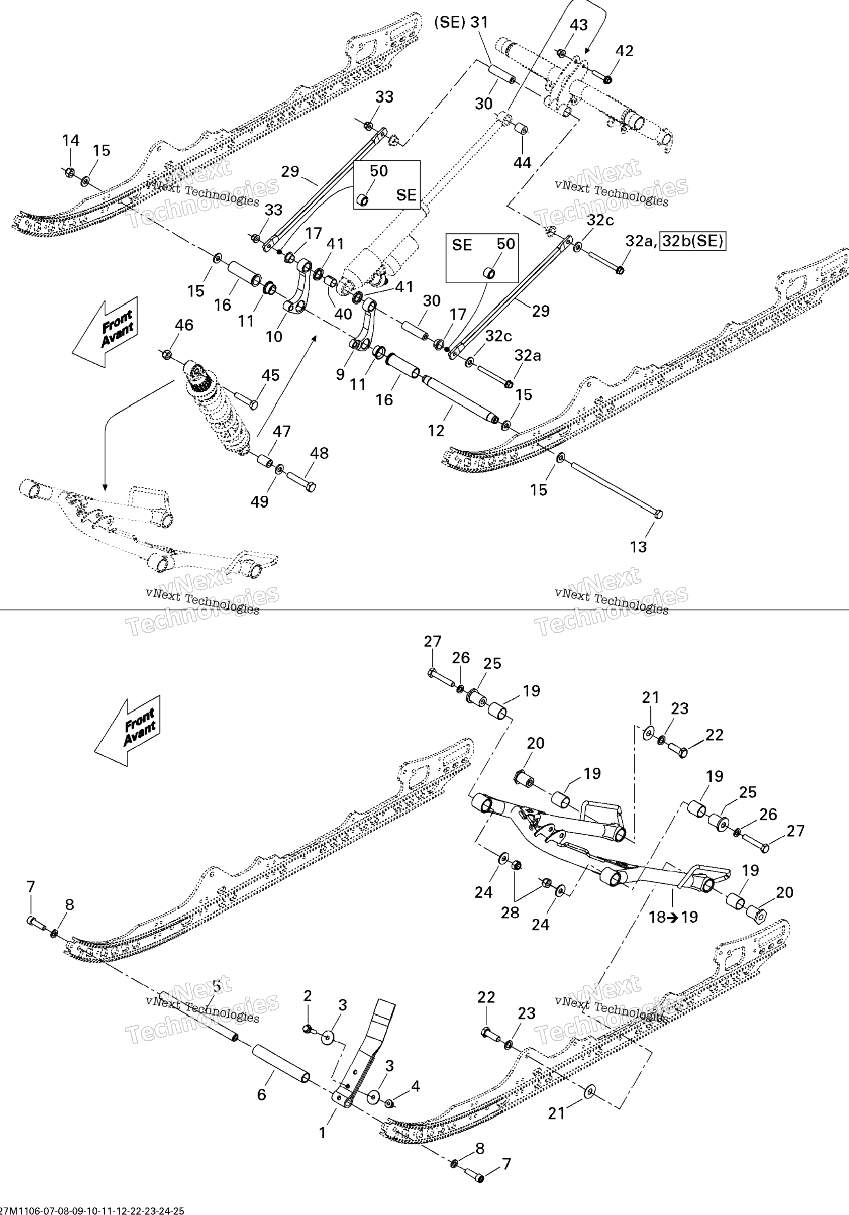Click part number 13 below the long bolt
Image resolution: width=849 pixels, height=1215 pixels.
[x=638, y=547]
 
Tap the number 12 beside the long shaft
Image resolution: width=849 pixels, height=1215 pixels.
[x=436, y=431]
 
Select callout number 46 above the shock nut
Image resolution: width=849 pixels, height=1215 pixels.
[x=184, y=325]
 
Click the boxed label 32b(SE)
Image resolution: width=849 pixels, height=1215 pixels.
[x=693, y=241]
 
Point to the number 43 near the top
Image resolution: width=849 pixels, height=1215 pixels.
[x=579, y=25]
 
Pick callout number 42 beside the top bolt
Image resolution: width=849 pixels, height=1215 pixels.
[x=625, y=51]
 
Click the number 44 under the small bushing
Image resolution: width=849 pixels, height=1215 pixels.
[x=522, y=162]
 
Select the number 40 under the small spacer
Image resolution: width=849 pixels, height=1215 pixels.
[x=343, y=314]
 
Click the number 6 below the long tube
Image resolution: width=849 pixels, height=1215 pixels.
[x=261, y=1094]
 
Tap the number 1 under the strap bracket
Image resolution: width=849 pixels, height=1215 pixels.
[x=322, y=1133]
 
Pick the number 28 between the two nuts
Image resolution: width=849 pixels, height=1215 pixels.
[x=510, y=913]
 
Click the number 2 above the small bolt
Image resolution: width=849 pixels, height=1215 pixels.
[x=307, y=995]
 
